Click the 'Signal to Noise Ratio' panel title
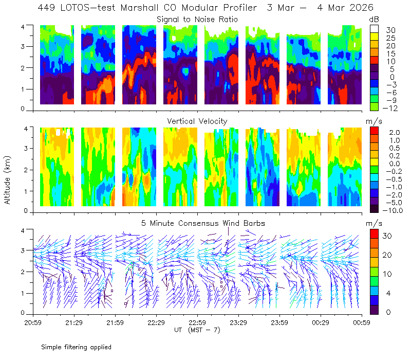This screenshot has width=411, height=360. (197, 20)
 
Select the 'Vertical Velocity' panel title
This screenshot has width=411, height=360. (197, 121)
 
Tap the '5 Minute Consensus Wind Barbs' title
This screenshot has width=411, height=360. (203, 223)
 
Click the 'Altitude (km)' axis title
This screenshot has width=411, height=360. (7, 181)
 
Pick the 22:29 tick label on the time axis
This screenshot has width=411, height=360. (156, 322)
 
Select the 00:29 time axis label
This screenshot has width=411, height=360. (321, 322)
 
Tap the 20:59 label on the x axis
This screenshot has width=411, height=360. (33, 322)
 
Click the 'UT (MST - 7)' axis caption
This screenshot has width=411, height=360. (197, 330)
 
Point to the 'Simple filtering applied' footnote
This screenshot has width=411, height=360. (76, 348)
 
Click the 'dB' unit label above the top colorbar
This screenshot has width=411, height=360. (374, 20)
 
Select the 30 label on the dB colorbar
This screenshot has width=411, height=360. (390, 30)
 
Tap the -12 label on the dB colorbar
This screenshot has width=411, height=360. (390, 108)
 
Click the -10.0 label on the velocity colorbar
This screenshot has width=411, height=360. (393, 210)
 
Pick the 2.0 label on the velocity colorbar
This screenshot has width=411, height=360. (395, 133)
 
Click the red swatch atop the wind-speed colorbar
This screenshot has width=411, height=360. (374, 233)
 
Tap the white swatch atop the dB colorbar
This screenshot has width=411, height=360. (374, 29)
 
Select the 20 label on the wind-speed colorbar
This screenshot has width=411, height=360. (387, 255)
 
